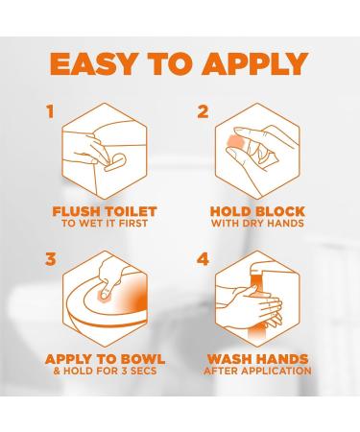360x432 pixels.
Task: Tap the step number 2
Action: point(203,112)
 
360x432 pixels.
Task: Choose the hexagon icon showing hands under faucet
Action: point(255,300)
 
